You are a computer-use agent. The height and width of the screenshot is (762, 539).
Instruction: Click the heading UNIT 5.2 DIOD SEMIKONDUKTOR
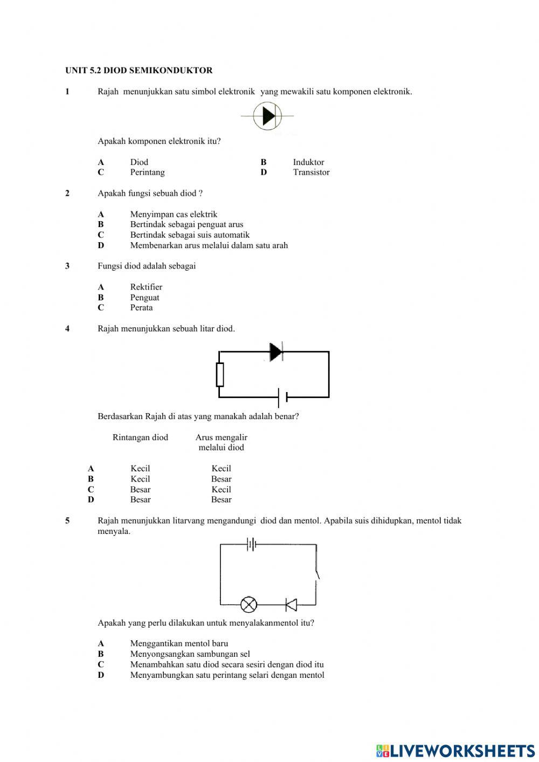(139, 70)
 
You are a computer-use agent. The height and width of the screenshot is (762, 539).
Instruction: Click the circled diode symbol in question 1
(267, 116)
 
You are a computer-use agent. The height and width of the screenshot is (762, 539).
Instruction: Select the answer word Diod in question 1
(139, 162)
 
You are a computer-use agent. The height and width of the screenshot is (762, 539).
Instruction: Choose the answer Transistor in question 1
(311, 172)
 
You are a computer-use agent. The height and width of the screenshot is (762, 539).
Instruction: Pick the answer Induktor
(308, 162)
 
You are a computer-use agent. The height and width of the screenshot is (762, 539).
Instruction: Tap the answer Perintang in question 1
(147, 172)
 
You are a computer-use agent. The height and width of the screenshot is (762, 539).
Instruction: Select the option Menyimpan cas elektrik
(174, 214)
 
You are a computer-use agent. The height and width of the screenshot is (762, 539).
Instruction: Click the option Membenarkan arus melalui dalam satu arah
(209, 245)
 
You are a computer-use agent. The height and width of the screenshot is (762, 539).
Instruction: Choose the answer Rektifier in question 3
(146, 287)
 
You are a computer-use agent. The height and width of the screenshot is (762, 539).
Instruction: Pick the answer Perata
(141, 307)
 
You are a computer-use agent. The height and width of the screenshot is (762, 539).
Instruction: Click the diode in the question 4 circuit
(276, 352)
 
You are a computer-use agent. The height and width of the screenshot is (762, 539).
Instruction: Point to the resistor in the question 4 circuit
(220, 375)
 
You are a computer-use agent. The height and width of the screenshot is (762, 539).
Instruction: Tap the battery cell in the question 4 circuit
(282, 397)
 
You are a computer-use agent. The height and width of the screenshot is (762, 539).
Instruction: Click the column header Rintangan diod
(140, 437)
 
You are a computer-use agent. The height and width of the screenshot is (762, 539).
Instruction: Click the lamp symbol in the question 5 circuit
(248, 605)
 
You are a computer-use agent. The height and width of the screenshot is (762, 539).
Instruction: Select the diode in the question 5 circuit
(291, 605)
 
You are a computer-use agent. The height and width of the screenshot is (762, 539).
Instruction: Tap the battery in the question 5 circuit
(251, 545)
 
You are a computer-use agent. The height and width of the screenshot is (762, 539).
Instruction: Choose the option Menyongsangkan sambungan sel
(190, 654)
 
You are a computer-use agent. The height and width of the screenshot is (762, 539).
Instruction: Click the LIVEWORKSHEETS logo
(455, 750)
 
